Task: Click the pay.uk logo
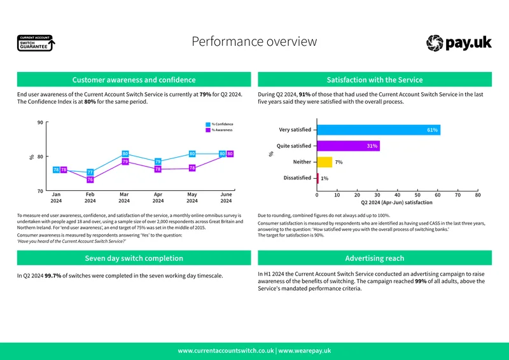pyautogui.click(x=459, y=43)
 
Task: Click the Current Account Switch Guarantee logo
pyautogui.click(x=36, y=43)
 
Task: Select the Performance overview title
pyautogui.click(x=254, y=41)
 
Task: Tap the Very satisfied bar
pyautogui.click(x=379, y=130)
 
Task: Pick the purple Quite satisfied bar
pyautogui.click(x=348, y=146)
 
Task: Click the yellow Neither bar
pyautogui.click(x=324, y=162)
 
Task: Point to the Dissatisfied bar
pyautogui.click(x=317, y=178)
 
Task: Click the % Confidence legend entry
pyautogui.click(x=220, y=124)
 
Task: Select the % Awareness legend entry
pyautogui.click(x=219, y=130)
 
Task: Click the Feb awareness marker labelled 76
pyautogui.click(x=90, y=179)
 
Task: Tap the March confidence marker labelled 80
pyautogui.click(x=125, y=153)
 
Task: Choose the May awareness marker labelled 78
pyautogui.click(x=192, y=168)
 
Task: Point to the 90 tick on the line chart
pyautogui.click(x=40, y=122)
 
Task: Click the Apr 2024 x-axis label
pyautogui.click(x=158, y=197)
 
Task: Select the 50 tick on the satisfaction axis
pyautogui.click(x=417, y=195)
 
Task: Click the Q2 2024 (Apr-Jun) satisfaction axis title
pyautogui.click(x=396, y=202)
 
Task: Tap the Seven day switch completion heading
pyautogui.click(x=134, y=258)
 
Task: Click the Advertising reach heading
pyautogui.click(x=375, y=258)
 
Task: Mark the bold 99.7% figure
pyautogui.click(x=53, y=275)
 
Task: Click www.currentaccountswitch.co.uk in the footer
pyautogui.click(x=226, y=350)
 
